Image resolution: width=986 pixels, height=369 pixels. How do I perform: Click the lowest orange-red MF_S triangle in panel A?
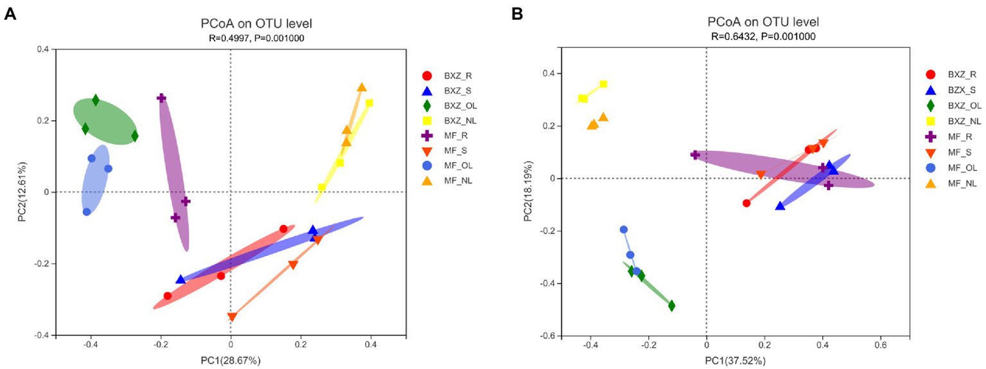point(232,317)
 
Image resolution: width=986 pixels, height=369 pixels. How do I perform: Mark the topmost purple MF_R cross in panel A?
point(161,98)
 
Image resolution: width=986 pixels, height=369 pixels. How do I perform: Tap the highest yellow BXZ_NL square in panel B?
point(603,84)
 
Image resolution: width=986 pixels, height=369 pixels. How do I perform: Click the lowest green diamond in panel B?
point(671,306)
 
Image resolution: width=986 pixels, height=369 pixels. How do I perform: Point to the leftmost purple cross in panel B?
point(695,154)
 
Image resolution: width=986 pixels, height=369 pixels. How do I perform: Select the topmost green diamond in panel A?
point(96,100)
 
